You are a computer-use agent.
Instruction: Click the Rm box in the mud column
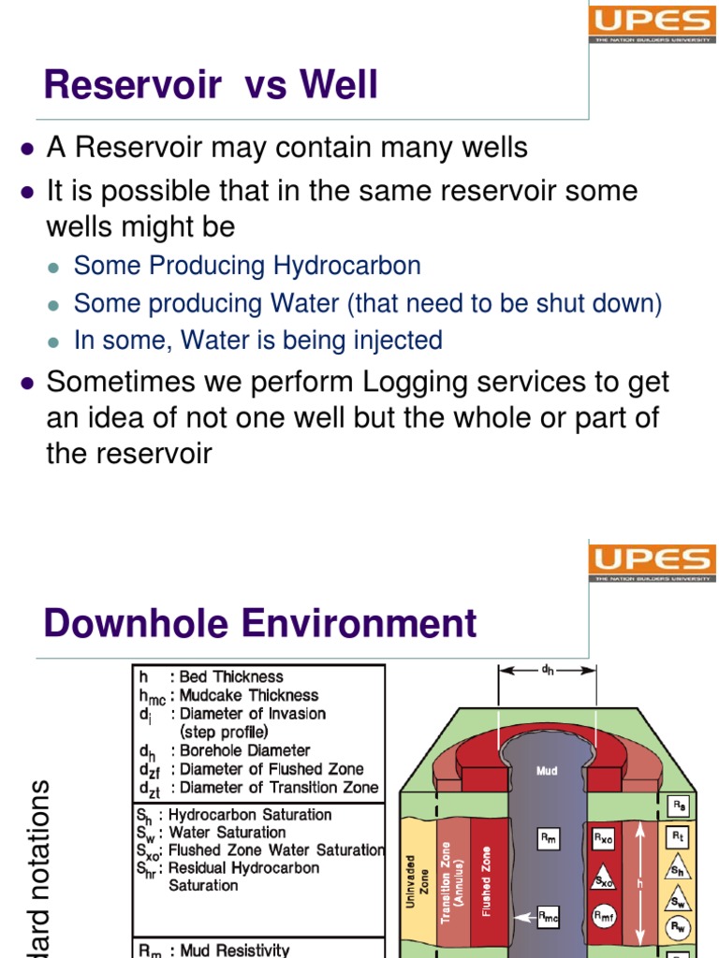point(550,839)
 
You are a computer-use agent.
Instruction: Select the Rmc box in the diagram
point(549,920)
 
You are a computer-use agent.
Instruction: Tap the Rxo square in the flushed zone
point(603,839)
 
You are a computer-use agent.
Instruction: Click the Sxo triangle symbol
point(603,879)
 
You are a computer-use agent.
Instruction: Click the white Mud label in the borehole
point(547,771)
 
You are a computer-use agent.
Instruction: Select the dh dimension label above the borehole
point(548,669)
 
